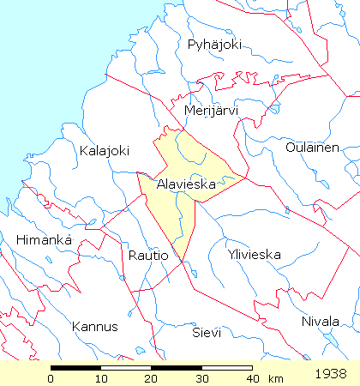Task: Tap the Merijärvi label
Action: [211, 111]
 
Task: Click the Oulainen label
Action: [312, 148]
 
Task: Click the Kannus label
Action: [94, 326]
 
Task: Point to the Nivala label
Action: [321, 322]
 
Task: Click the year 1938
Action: [330, 374]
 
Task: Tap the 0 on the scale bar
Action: [51, 378]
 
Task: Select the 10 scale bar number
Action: [101, 378]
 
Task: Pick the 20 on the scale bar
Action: [152, 378]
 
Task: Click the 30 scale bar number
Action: [201, 378]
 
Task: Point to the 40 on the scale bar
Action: [251, 378]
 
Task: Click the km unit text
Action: [275, 378]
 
